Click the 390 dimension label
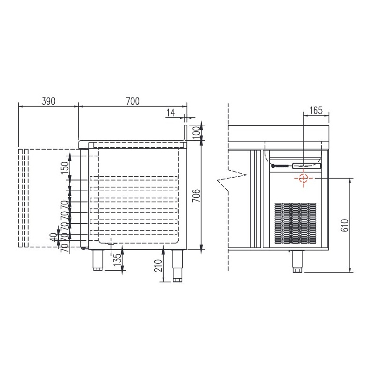tap(49, 101)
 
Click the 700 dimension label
tap(133, 101)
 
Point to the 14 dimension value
tap(171, 113)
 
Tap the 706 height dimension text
tap(196, 195)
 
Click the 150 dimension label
tap(65, 168)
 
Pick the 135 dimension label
tap(117, 261)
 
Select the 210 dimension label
tap(158, 266)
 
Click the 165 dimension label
tap(316, 110)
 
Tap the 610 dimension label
tap(345, 225)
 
